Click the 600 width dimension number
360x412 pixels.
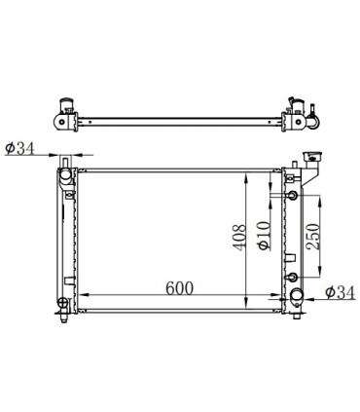[x=179, y=288]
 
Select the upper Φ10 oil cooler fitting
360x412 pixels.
[x=293, y=198]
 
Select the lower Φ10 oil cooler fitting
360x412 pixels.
[x=293, y=279]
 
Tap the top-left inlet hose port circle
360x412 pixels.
[x=67, y=176]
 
